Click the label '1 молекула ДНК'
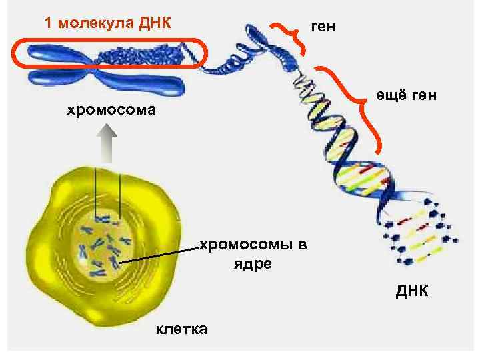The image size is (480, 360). pos(107,23)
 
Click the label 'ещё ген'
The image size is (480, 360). pos(407,97)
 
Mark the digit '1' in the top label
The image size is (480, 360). pos(48,23)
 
